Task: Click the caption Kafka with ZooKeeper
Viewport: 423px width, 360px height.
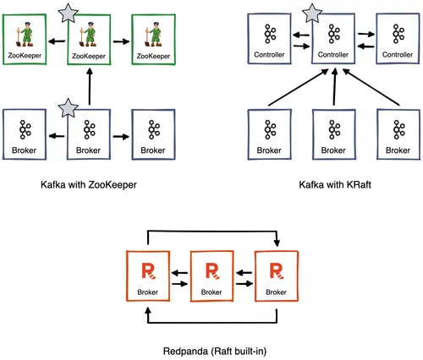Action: pyautogui.click(x=88, y=183)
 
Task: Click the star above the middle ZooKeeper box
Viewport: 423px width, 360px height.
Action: pyautogui.click(x=64, y=11)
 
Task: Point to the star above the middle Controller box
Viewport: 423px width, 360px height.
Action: pyautogui.click(x=312, y=11)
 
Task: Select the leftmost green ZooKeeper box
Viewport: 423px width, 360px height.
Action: pyautogui.click(x=25, y=40)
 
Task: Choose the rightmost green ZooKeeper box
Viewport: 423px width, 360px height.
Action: pyautogui.click(x=152, y=40)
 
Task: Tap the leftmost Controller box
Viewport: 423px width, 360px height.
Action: pyautogui.click(x=270, y=40)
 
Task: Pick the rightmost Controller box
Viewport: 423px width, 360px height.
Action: pyautogui.click(x=397, y=40)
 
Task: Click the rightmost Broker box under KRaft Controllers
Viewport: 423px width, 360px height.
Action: pyautogui.click(x=397, y=134)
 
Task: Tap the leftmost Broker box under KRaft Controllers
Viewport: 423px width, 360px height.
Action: pyautogui.click(x=270, y=134)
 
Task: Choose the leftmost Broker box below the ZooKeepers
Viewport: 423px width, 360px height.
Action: pyautogui.click(x=25, y=134)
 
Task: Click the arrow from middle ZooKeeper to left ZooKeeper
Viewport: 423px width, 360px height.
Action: pyautogui.click(x=58, y=40)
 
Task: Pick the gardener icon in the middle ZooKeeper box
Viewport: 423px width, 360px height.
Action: pyautogui.click(x=89, y=34)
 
